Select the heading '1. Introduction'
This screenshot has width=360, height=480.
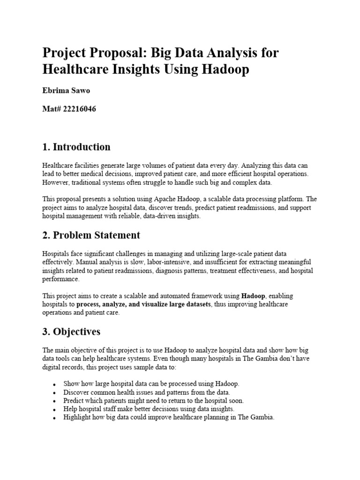[76, 147]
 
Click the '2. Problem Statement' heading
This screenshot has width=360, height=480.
[91, 234]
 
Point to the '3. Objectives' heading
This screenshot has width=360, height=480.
[71, 331]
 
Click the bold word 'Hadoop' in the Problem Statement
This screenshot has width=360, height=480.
[253, 296]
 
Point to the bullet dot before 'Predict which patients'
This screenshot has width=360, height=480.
[55, 401]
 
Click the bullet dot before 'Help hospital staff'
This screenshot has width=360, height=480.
[55, 410]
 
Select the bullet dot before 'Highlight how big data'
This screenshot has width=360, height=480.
[55, 418]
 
